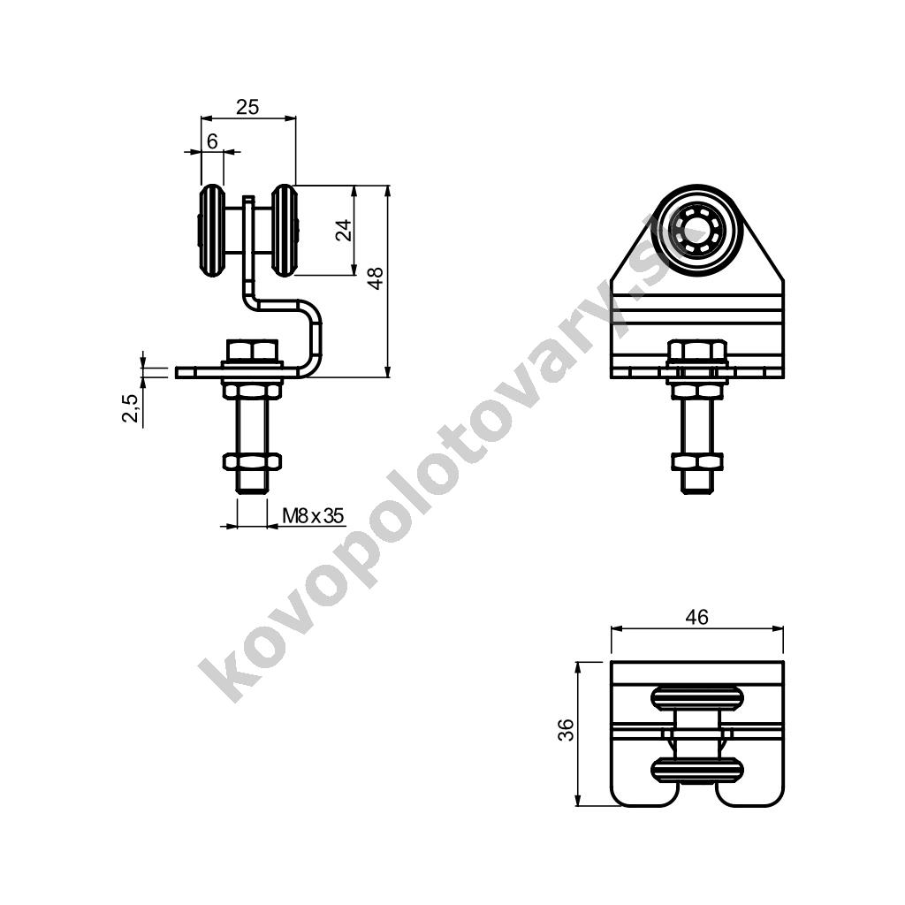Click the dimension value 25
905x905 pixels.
(247, 107)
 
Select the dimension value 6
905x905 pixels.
(212, 141)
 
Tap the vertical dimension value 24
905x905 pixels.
(344, 230)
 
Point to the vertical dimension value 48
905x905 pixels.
(376, 278)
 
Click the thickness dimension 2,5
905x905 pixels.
(131, 408)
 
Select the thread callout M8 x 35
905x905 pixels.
(313, 515)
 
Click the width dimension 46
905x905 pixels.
(696, 617)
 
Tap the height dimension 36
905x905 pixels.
(567, 730)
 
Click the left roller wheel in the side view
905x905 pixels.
(211, 231)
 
